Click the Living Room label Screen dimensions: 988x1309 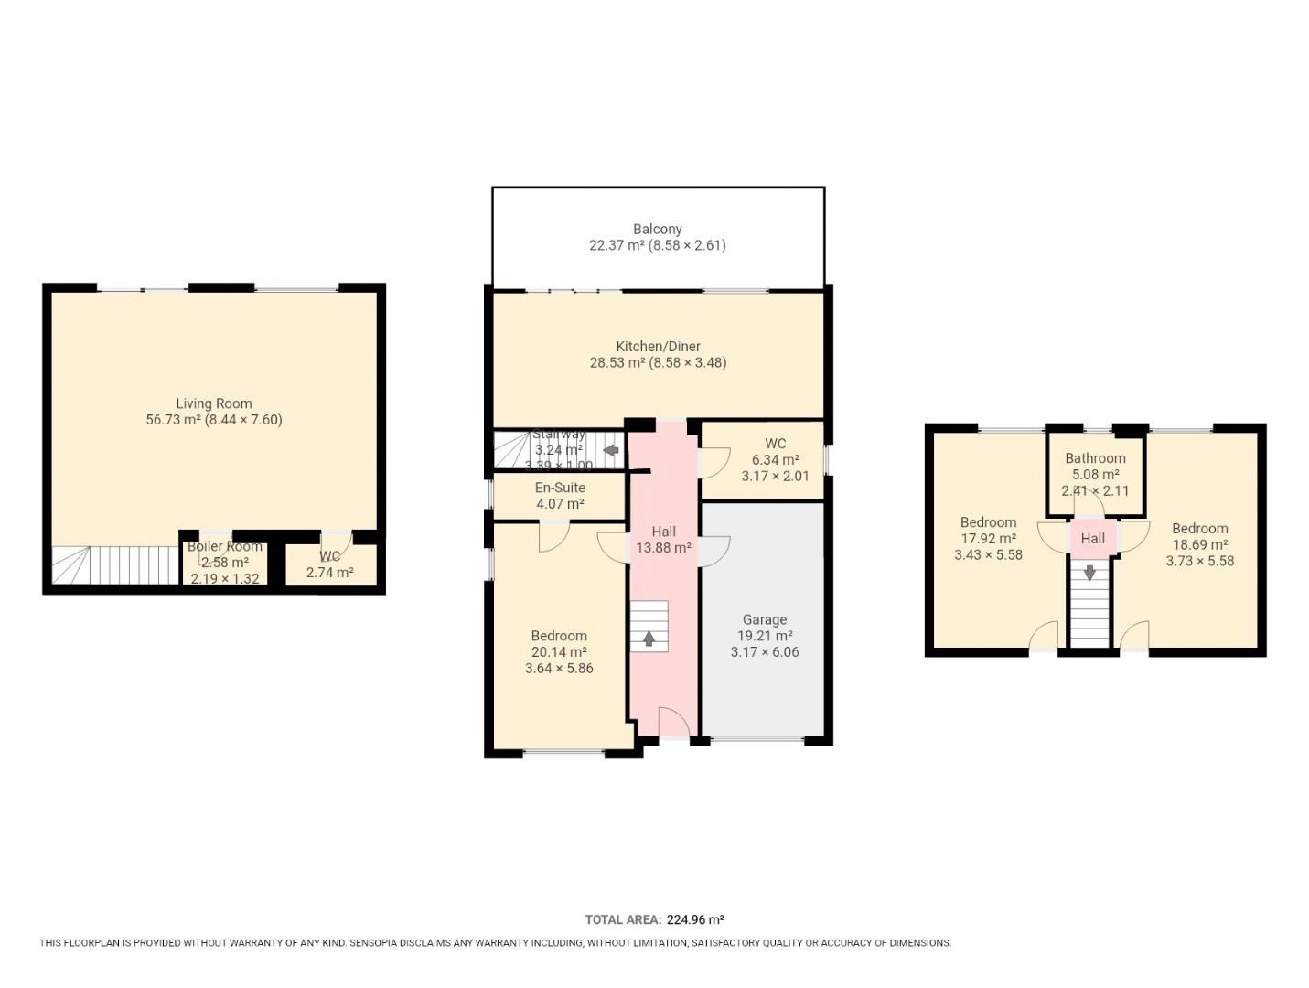213,403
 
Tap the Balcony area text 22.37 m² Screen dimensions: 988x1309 617,245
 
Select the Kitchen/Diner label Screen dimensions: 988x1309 658,347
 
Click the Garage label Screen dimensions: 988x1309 764,619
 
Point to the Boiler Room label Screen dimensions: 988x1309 224,546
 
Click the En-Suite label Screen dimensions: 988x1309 560,488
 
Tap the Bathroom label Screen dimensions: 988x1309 1095,458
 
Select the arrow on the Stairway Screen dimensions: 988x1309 610,450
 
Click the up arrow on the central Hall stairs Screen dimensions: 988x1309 649,639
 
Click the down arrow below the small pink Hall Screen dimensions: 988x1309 1089,573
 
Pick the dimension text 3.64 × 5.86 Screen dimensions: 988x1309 559,669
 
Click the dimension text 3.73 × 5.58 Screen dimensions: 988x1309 1199,561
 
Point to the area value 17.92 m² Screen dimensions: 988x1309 988,539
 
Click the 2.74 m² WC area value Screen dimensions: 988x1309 329,573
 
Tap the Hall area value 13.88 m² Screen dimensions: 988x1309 663,548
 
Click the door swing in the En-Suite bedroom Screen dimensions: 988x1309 553,537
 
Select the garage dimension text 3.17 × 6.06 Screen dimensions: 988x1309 764,652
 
